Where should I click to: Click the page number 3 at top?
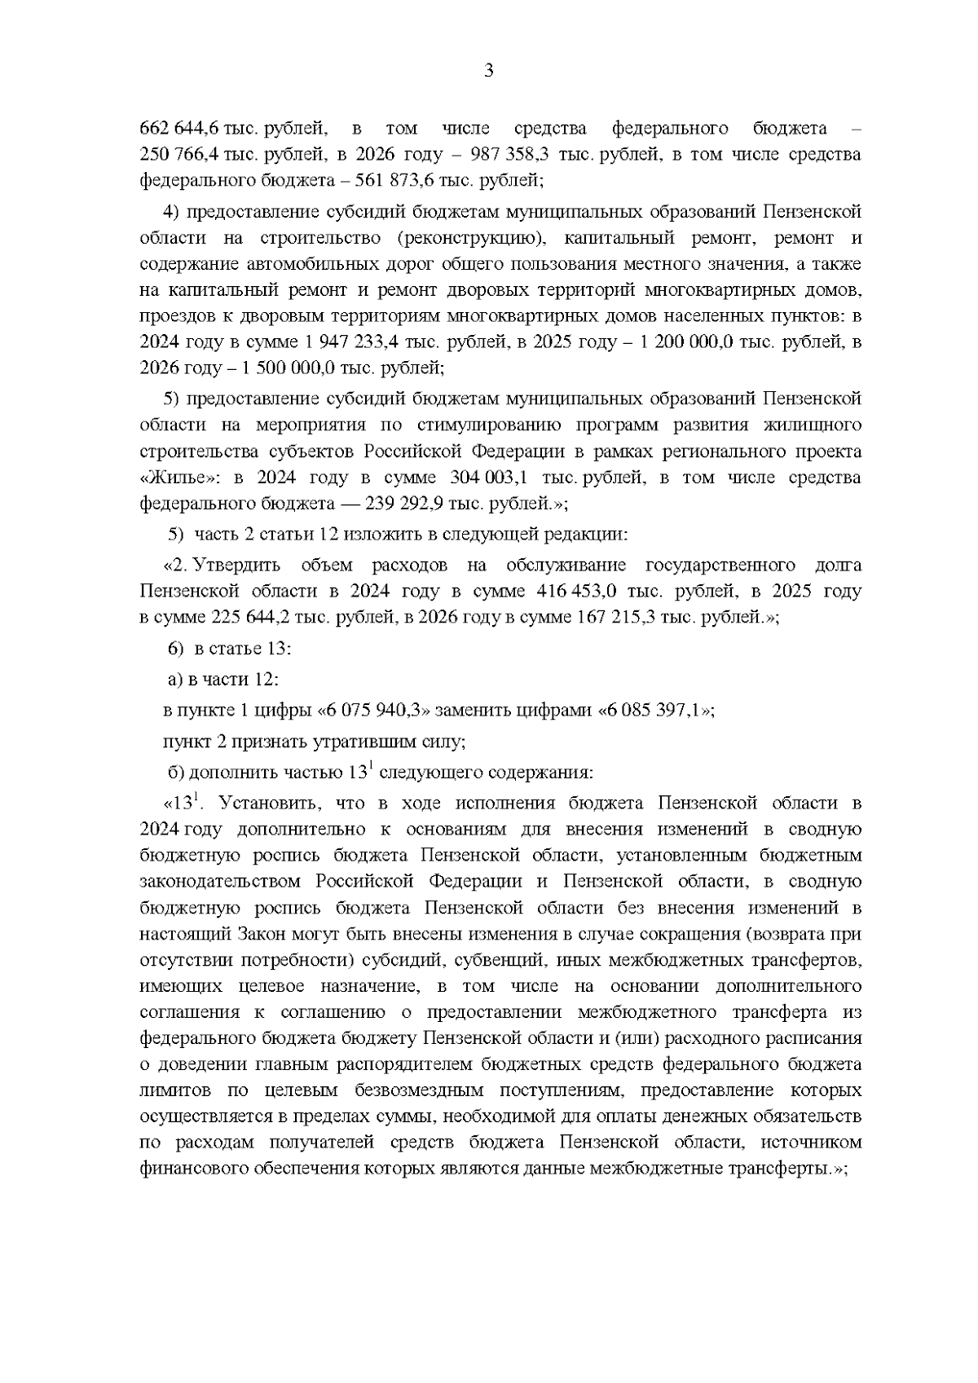(489, 71)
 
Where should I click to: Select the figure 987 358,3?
(512, 155)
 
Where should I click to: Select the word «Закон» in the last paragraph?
(262, 934)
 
